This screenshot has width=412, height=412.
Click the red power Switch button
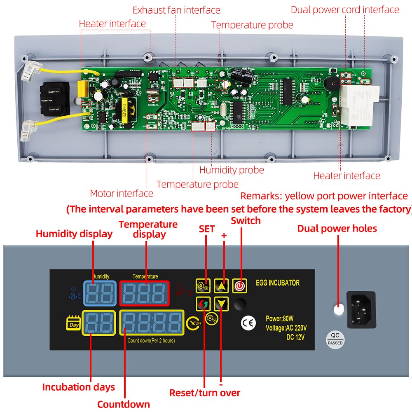(239, 285)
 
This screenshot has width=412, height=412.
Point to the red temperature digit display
(145, 293)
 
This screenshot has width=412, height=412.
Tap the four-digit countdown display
(151, 323)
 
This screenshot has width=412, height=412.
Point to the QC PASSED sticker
(335, 339)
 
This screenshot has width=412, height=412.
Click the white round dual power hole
(338, 309)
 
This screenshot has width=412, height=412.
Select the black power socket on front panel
(361, 309)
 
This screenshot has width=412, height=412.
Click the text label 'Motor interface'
(122, 193)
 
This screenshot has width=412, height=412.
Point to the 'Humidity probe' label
(232, 170)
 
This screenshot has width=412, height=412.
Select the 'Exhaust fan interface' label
(176, 10)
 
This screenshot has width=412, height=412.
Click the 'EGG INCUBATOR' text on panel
(278, 283)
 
